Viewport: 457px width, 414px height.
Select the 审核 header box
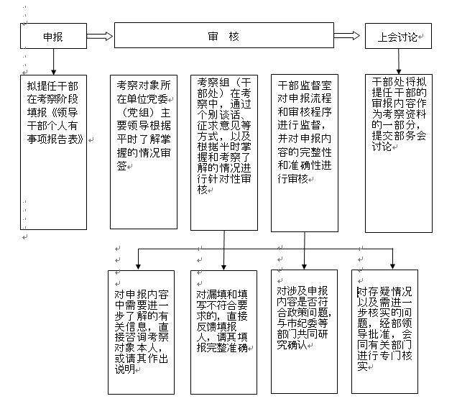pos(223,36)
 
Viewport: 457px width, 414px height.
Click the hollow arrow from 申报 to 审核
pos(100,36)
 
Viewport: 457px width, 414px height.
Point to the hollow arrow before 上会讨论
pos(348,36)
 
